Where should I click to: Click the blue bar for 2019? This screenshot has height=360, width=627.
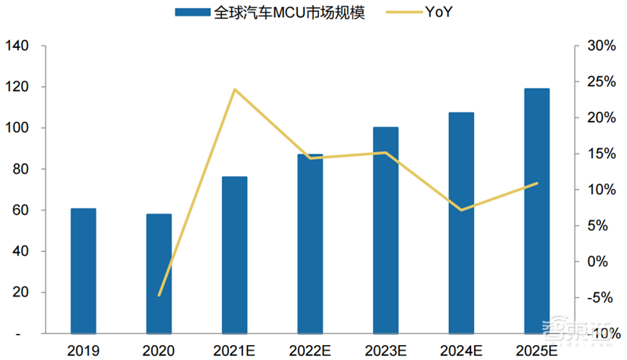[83, 271]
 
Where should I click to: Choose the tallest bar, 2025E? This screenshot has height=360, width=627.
[537, 211]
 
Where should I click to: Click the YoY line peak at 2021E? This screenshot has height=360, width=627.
[234, 89]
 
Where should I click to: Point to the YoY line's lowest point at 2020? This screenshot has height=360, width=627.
[159, 296]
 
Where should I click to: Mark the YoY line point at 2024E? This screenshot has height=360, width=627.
[461, 210]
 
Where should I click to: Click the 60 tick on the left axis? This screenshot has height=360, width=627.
[20, 210]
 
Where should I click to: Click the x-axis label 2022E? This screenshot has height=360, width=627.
[310, 351]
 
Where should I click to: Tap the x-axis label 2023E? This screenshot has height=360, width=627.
[385, 351]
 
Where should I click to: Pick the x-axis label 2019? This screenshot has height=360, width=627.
[83, 351]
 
